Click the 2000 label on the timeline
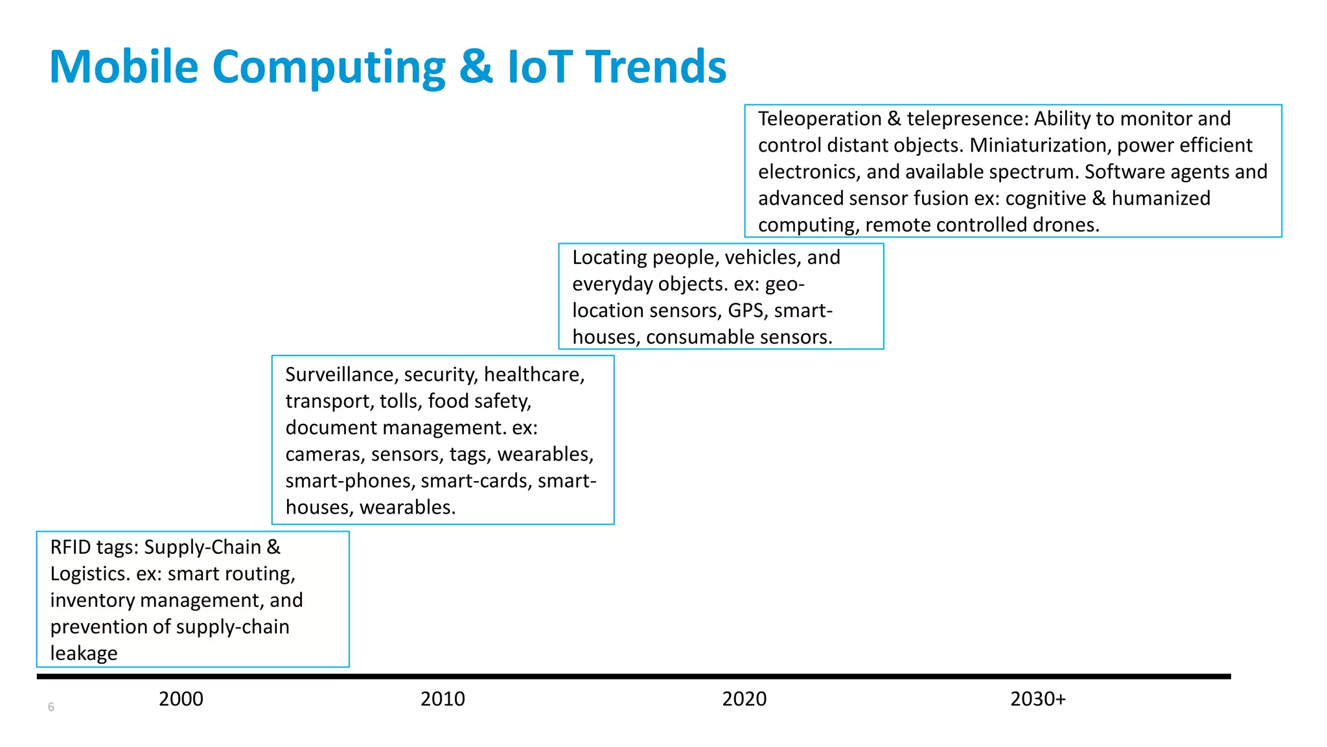[181, 699]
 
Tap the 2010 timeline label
[443, 699]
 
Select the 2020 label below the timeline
[744, 699]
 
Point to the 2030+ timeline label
[1037, 699]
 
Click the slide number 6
[51, 707]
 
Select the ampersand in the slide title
[476, 67]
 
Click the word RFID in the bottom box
[70, 547]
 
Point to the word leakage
[84, 654]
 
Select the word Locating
[609, 257]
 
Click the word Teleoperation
[820, 119]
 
